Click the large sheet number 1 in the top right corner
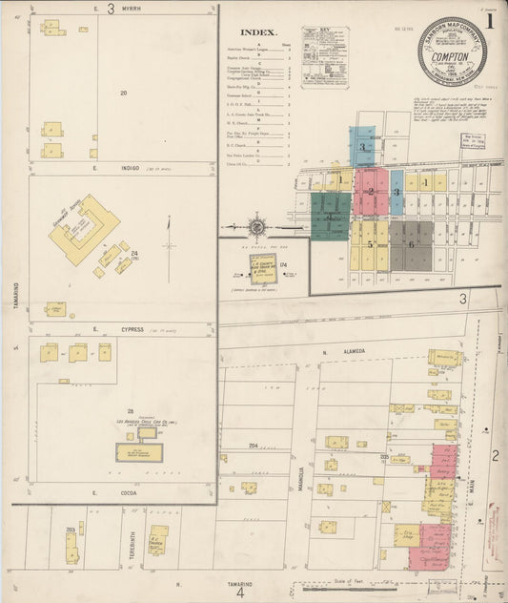click(x=490, y=19)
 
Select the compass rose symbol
click(x=257, y=228)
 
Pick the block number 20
click(x=123, y=93)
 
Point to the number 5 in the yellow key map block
click(x=370, y=244)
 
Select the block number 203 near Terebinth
click(x=71, y=530)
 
